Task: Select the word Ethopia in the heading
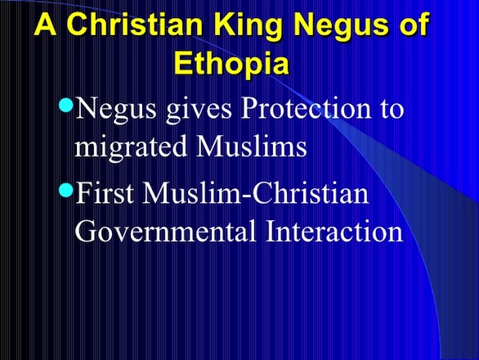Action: (x=231, y=64)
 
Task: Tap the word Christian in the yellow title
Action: (x=135, y=25)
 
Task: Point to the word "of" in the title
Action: (x=413, y=24)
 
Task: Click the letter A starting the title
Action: (x=46, y=25)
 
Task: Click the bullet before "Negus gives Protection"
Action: (x=65, y=105)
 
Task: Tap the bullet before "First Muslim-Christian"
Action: (x=65, y=190)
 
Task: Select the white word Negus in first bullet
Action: (x=115, y=110)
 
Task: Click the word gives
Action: (x=199, y=110)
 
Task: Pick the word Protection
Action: (x=307, y=108)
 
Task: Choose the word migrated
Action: (x=131, y=147)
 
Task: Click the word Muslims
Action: (x=251, y=146)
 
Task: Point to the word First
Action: (x=105, y=193)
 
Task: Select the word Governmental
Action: (x=165, y=231)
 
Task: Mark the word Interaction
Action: (x=334, y=231)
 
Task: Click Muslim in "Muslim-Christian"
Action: (x=192, y=193)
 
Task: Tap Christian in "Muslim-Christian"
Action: (x=311, y=193)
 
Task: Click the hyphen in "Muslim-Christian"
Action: (x=247, y=197)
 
